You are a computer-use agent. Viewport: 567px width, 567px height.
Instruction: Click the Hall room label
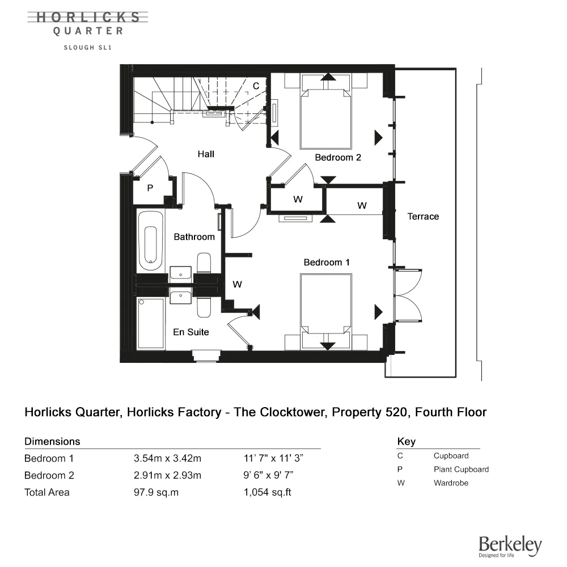(x=206, y=154)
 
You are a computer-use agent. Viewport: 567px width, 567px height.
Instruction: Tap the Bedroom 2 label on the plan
(x=338, y=157)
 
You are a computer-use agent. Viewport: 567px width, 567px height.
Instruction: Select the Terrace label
(x=423, y=216)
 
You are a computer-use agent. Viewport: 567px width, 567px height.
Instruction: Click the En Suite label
(x=191, y=332)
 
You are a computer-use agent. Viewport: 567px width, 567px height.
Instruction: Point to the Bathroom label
(x=194, y=237)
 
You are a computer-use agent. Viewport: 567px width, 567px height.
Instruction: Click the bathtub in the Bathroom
(x=150, y=241)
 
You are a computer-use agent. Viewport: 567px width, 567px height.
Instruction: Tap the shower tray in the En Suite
(x=151, y=324)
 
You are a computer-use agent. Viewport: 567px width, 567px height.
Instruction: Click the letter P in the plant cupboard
(x=150, y=188)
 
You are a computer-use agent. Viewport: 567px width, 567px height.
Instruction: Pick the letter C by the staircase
(x=256, y=86)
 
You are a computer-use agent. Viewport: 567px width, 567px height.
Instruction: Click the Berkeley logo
(x=510, y=546)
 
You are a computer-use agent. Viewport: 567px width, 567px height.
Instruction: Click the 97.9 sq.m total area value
(x=156, y=492)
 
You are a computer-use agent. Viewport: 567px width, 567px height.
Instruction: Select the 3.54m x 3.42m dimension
(x=167, y=458)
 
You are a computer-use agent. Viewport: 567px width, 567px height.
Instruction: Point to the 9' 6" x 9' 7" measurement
(x=268, y=475)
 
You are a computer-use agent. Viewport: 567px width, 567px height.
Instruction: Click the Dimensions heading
(x=52, y=442)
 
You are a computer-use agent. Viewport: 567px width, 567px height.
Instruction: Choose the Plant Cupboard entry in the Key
(x=461, y=469)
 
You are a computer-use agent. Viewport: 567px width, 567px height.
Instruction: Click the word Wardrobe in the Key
(x=451, y=483)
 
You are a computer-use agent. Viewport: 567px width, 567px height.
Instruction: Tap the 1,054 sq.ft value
(x=267, y=492)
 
